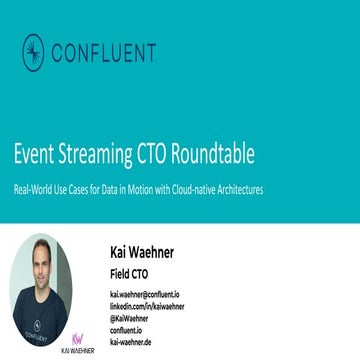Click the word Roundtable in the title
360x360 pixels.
pos(214,156)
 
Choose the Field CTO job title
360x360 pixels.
pos(129,273)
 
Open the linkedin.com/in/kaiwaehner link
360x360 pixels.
pos(147,305)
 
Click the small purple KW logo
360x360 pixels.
pos(76,338)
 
